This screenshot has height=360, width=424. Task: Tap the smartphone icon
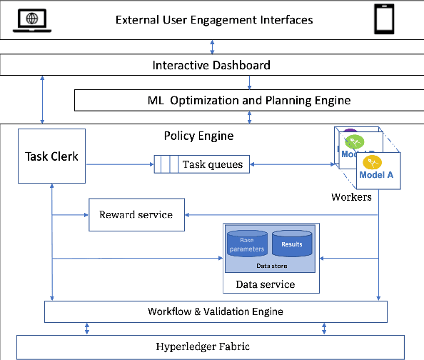pyautogui.click(x=385, y=20)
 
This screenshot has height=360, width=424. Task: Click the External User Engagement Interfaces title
pyautogui.click(x=214, y=19)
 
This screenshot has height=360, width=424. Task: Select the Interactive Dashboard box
pyautogui.click(x=211, y=65)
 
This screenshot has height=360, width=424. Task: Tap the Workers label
pyautogui.click(x=351, y=196)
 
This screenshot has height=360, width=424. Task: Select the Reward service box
pyautogui.click(x=136, y=214)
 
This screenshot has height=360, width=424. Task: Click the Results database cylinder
pyautogui.click(x=291, y=244)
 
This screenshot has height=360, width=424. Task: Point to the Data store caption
pyautogui.click(x=271, y=265)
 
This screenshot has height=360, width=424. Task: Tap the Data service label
pyautogui.click(x=265, y=284)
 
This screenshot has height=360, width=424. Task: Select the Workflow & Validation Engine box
pyautogui.click(x=216, y=311)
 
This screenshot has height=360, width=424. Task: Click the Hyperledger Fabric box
pyautogui.click(x=214, y=346)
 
